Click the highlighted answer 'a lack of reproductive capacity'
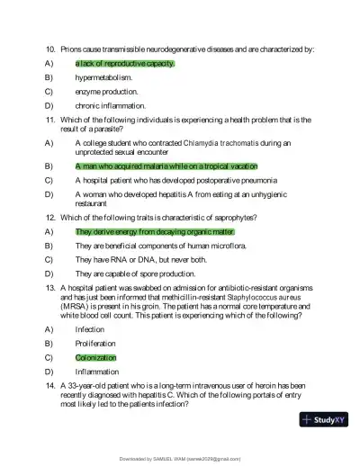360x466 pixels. point(124,64)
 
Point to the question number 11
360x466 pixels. point(50,119)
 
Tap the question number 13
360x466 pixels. point(50,287)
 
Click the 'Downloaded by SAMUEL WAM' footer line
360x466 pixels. point(179,458)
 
